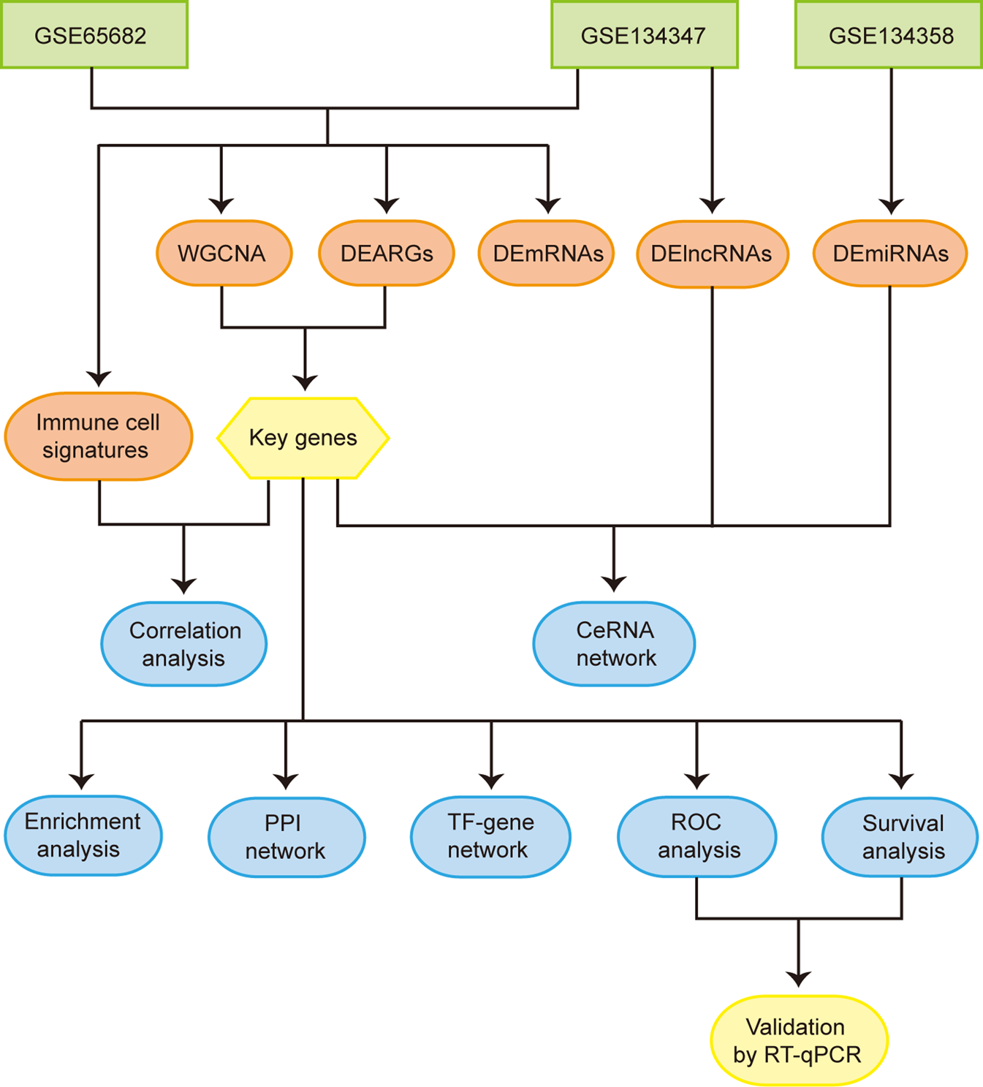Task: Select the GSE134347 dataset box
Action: point(644,35)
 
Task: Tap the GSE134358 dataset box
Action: point(889,35)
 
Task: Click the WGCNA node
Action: point(224,254)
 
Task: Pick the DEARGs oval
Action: point(387,254)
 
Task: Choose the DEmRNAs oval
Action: point(547,254)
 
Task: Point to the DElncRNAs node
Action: point(712,254)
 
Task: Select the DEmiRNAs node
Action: point(889,254)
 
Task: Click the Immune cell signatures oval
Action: point(99,436)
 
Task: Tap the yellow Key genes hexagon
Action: point(303,438)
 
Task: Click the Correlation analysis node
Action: point(184,644)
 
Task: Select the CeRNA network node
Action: point(614,644)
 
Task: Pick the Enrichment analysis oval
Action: point(83,836)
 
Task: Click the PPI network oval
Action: point(286,837)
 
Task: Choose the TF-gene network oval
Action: point(490,836)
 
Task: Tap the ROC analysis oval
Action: point(697,836)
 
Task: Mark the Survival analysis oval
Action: point(900,837)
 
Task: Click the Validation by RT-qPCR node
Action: point(799,1040)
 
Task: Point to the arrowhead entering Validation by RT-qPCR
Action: point(799,979)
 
